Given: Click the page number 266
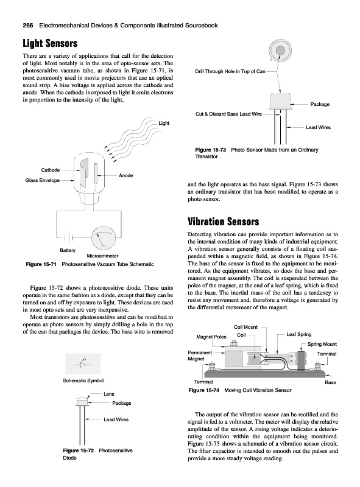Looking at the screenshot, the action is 28,26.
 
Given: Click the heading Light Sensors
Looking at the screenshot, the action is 50,43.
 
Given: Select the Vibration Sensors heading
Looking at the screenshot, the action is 223,222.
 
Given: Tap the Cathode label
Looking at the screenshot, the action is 51,170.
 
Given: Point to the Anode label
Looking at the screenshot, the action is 126,175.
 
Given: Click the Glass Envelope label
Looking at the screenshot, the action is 43,180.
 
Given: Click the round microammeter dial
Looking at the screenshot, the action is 104,238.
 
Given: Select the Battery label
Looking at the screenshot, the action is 68,250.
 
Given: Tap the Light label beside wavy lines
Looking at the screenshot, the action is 164,123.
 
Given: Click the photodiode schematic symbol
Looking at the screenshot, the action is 83,363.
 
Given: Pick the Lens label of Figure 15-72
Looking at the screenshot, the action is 109,394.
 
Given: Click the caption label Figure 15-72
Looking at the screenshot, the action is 79,450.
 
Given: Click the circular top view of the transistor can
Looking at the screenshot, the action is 280,50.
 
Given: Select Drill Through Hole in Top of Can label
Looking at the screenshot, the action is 230,71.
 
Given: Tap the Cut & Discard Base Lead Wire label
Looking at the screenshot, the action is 228,114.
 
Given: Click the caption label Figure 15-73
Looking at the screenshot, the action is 211,150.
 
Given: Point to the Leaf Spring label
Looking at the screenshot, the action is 298,334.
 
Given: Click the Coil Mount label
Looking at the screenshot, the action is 245,327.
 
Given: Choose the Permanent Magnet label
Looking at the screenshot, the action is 200,356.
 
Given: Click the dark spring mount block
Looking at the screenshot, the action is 302,360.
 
